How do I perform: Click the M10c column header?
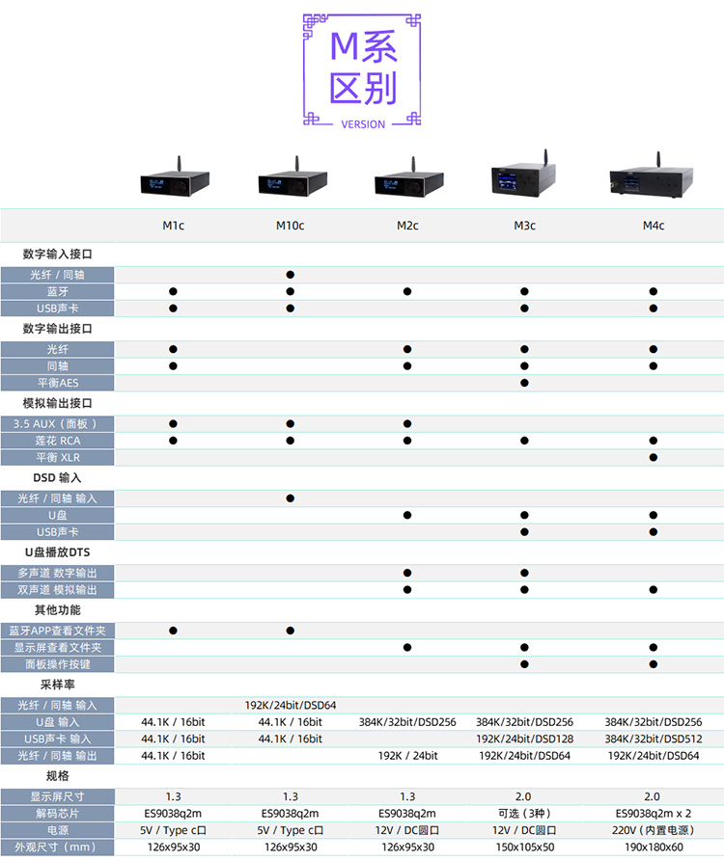(290, 226)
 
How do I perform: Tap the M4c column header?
(654, 226)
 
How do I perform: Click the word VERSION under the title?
(363, 124)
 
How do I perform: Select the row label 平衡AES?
(58, 383)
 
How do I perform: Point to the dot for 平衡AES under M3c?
(525, 383)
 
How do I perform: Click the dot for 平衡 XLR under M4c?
(654, 457)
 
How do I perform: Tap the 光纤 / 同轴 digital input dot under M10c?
(290, 275)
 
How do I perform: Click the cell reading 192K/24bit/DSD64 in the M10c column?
(290, 705)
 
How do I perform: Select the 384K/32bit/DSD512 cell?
(654, 739)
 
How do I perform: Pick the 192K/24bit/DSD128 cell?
(525, 739)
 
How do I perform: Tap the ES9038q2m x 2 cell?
(654, 813)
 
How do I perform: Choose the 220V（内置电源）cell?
(654, 829)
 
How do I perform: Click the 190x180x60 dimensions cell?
(654, 847)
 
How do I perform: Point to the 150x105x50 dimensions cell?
(525, 847)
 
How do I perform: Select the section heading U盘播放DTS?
(57, 552)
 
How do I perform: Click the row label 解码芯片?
(58, 813)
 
